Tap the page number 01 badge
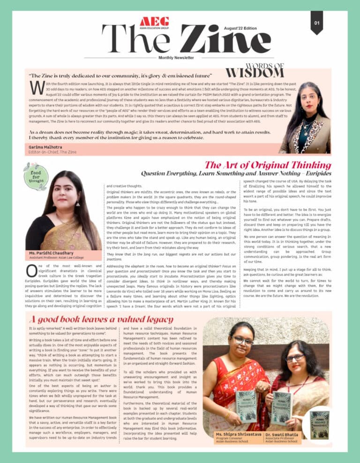(317, 22)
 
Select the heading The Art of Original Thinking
(268, 164)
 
